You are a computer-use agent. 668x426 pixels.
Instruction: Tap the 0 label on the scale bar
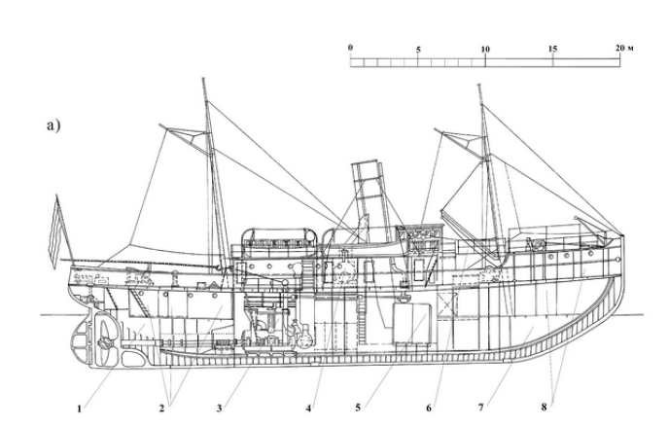350,47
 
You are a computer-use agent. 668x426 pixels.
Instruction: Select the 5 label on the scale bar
417,47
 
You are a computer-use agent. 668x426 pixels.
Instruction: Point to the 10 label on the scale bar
484,47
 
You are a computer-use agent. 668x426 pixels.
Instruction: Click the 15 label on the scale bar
552,47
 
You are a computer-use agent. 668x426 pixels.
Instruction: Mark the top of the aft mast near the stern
204,81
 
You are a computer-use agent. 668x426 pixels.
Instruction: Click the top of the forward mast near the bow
480,87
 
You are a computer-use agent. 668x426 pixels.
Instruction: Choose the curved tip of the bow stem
623,236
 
